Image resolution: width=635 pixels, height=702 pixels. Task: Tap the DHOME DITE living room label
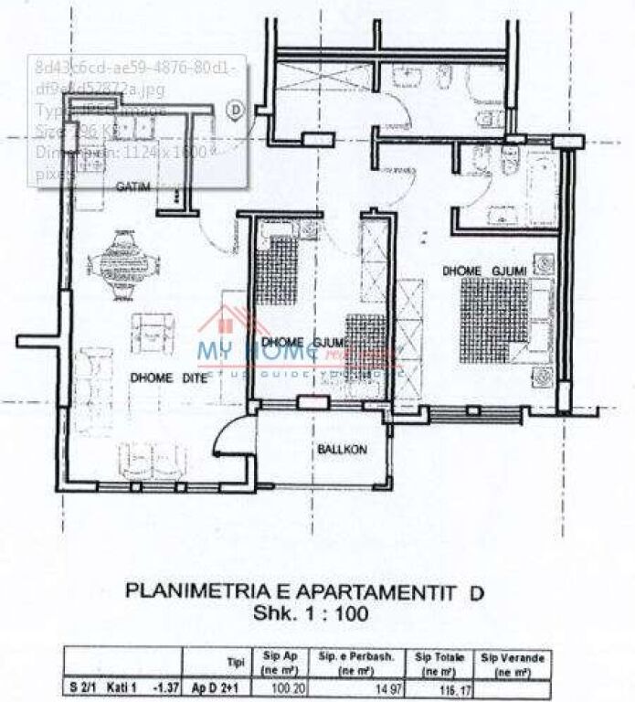click(165, 376)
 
